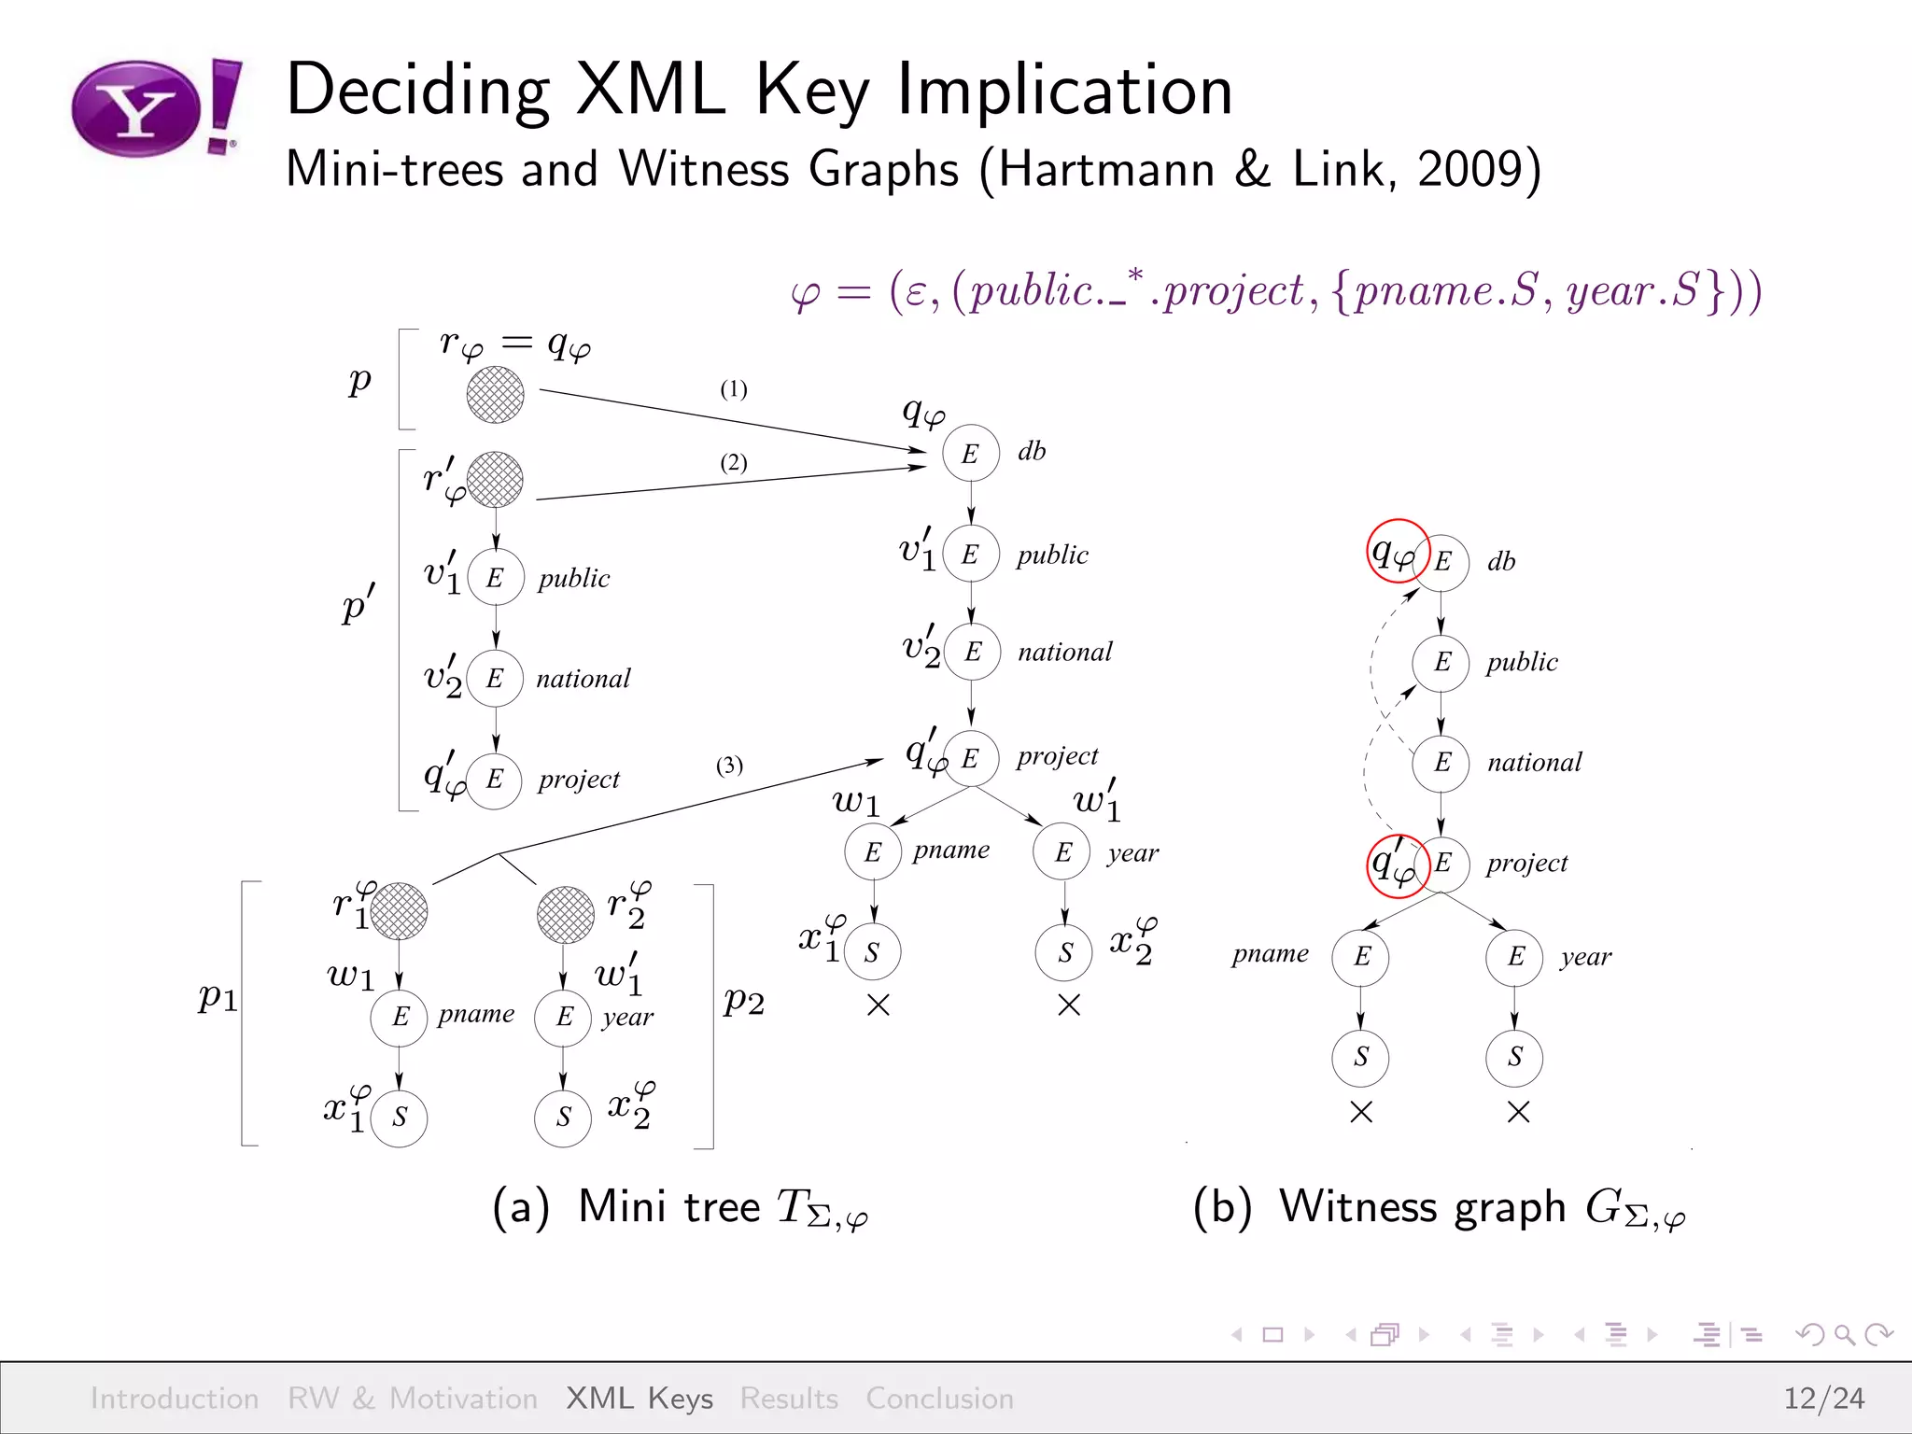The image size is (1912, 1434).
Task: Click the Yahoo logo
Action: point(155,108)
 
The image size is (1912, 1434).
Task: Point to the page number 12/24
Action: point(1823,1398)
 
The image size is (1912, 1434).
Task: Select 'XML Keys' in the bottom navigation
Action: point(640,1398)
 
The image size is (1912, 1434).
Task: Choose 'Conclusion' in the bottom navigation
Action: point(939,1398)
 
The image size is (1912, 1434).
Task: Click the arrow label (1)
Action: point(733,388)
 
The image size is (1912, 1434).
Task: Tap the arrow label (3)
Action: point(729,766)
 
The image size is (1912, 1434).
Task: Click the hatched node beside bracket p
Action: point(495,394)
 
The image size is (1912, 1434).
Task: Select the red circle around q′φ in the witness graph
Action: point(1398,865)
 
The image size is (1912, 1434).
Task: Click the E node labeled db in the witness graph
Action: point(1441,561)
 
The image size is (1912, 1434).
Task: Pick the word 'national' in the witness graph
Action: point(1534,763)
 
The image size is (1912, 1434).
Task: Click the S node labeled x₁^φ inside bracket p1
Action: point(399,1118)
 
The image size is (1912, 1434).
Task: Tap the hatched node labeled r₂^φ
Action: point(565,913)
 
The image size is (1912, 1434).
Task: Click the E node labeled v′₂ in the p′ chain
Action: point(495,679)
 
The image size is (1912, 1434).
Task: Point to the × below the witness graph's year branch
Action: point(1518,1112)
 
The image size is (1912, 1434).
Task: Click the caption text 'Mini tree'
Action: point(668,1206)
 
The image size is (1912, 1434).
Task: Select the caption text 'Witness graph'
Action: point(1422,1206)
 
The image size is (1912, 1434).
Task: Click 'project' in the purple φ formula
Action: point(1232,291)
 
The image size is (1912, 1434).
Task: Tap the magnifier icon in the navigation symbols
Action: point(1844,1334)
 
